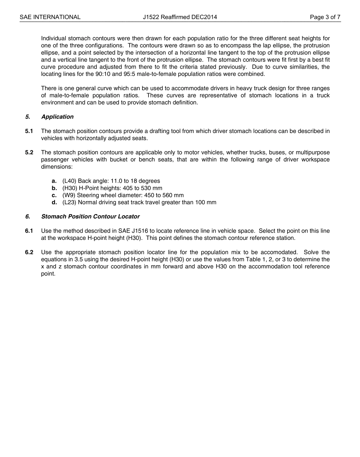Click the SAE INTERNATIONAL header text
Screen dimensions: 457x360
coord(50,17)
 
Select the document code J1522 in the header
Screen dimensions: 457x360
coord(151,17)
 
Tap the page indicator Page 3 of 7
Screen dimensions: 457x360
coord(325,17)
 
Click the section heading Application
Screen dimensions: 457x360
coord(57,117)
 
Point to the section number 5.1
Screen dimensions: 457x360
coord(29,131)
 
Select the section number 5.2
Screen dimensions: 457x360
coord(29,153)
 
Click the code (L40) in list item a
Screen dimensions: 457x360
coord(69,181)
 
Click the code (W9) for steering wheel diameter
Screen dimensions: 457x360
coord(69,196)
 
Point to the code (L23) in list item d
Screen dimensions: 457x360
coord(69,202)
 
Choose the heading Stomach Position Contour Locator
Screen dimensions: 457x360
coord(90,217)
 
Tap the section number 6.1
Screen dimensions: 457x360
coord(29,231)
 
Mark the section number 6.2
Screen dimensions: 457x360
coord(29,252)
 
